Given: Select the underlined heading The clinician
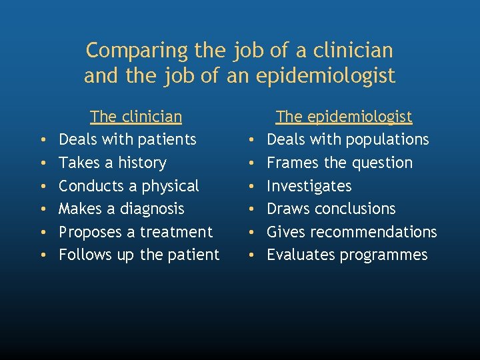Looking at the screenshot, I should coord(136,117).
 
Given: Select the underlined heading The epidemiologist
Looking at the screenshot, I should coord(344,117).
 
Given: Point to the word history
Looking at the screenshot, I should coord(141,163).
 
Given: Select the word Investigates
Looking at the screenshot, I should coord(309,186).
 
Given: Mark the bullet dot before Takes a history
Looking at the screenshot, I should coord(43,163).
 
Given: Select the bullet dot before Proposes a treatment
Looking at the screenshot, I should coord(43,233).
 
